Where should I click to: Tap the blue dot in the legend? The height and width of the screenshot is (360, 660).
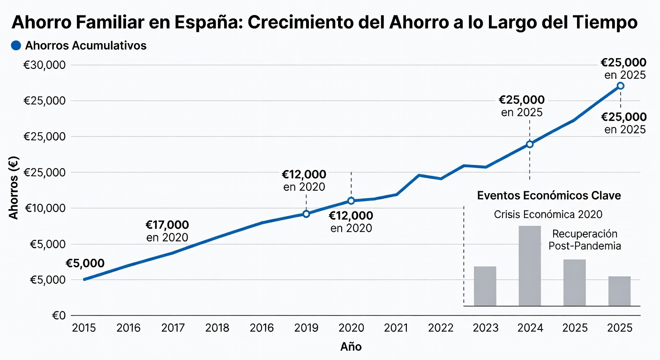coord(16,45)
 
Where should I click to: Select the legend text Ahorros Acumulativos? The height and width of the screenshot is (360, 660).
coord(86,45)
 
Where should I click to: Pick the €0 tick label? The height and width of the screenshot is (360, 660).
coord(58,315)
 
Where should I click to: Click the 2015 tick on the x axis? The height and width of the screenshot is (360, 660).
coord(84,328)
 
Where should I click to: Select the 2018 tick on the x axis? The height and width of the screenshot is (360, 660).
coord(217,328)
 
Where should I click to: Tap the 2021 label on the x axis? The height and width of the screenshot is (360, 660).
coord(397,328)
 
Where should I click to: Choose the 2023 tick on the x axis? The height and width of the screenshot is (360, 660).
coord(485,328)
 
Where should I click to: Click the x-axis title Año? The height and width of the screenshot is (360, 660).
coord(351,347)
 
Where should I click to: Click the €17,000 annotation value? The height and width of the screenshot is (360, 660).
coord(167,225)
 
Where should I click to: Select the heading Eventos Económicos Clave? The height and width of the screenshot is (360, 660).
coord(549,195)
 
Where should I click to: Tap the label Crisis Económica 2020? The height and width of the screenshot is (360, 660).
coord(548,215)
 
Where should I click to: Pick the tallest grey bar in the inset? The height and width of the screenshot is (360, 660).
coord(530,266)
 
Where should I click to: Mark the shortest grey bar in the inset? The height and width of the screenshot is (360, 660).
coord(619,291)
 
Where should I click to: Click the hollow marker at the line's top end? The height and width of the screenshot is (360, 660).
coord(620,86)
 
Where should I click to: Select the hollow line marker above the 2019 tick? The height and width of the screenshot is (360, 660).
coord(306,214)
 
